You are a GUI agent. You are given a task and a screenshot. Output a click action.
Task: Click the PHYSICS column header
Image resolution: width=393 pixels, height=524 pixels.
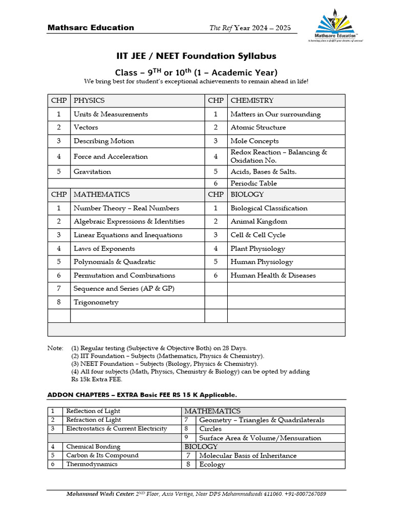tap(89, 100)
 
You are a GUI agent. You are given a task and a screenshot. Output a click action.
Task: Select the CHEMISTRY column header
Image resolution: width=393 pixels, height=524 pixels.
tap(252, 100)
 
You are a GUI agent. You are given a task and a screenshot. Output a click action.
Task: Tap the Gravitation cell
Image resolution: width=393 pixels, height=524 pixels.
tap(92, 172)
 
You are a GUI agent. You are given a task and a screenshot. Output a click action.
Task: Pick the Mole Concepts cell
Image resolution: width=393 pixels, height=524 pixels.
tap(254, 141)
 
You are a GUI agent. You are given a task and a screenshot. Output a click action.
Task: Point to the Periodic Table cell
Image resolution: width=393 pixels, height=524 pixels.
tap(253, 183)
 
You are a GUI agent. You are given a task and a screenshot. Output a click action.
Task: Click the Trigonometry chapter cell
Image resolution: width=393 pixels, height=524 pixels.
tap(96, 302)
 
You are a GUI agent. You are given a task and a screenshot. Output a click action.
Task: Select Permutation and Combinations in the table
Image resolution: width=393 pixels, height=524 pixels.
tap(124, 275)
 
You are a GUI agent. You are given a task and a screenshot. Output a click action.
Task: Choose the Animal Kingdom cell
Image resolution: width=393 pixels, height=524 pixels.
tap(258, 222)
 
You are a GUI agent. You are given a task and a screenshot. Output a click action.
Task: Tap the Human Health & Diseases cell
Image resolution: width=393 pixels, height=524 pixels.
tap(273, 275)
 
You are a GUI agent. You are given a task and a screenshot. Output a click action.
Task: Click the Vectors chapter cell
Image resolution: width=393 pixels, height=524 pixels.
tap(85, 127)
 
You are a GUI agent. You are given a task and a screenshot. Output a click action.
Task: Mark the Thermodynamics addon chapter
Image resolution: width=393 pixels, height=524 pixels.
tap(92, 464)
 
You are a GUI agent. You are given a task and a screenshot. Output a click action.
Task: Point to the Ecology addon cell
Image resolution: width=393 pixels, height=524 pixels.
tap(212, 465)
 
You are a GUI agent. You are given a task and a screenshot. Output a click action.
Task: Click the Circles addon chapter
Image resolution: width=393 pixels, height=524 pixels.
tap(210, 429)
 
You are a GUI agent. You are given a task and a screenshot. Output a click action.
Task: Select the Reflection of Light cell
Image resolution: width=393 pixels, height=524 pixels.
tap(93, 411)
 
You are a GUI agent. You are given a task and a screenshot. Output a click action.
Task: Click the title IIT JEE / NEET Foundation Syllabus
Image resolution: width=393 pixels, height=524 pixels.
tap(196, 56)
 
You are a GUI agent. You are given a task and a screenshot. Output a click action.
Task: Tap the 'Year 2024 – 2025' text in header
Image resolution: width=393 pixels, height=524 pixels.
tap(262, 28)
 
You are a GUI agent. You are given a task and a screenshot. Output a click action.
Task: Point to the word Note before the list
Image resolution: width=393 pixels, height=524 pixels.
tap(55, 348)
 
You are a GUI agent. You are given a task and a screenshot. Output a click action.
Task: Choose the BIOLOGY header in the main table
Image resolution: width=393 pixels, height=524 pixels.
tap(247, 194)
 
